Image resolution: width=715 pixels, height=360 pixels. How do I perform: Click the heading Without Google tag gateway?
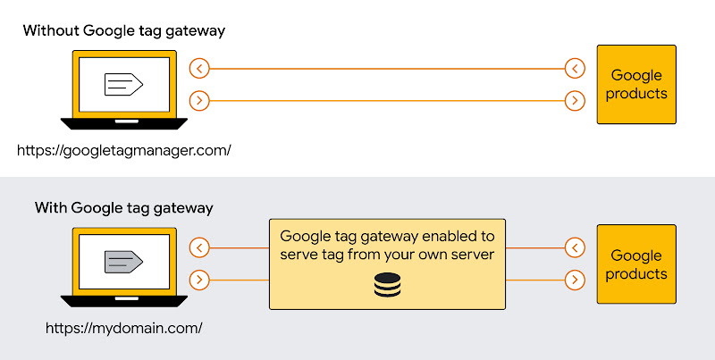(x=123, y=31)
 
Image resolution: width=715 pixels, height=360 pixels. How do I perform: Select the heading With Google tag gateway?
(x=123, y=208)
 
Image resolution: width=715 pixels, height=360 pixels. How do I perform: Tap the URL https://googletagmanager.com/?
(x=124, y=150)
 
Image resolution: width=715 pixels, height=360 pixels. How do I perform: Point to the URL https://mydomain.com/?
(x=124, y=328)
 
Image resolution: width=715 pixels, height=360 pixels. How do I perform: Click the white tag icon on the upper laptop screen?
(x=123, y=85)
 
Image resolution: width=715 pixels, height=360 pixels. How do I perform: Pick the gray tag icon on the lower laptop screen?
(x=123, y=262)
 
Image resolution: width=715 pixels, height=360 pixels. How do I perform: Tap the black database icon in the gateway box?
(x=387, y=286)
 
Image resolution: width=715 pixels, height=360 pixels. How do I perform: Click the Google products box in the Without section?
(x=637, y=85)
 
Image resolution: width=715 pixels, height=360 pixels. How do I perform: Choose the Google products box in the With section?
(x=637, y=265)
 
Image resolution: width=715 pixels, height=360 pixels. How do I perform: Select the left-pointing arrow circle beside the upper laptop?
(x=200, y=68)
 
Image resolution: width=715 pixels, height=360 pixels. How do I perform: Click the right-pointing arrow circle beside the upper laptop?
(x=200, y=101)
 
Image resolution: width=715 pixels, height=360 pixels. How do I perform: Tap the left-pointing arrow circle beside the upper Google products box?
(x=576, y=68)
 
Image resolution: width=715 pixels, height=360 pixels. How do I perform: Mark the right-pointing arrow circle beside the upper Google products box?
(x=576, y=101)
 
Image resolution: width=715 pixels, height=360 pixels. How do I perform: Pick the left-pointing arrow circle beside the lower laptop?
(x=200, y=247)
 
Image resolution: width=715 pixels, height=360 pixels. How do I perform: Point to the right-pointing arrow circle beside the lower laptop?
(x=200, y=280)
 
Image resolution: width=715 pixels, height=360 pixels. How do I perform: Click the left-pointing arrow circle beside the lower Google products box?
(x=576, y=247)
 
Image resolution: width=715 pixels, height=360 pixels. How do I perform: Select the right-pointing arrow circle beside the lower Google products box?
(x=576, y=280)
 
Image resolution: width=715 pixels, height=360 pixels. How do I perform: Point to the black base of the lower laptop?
(x=123, y=301)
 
